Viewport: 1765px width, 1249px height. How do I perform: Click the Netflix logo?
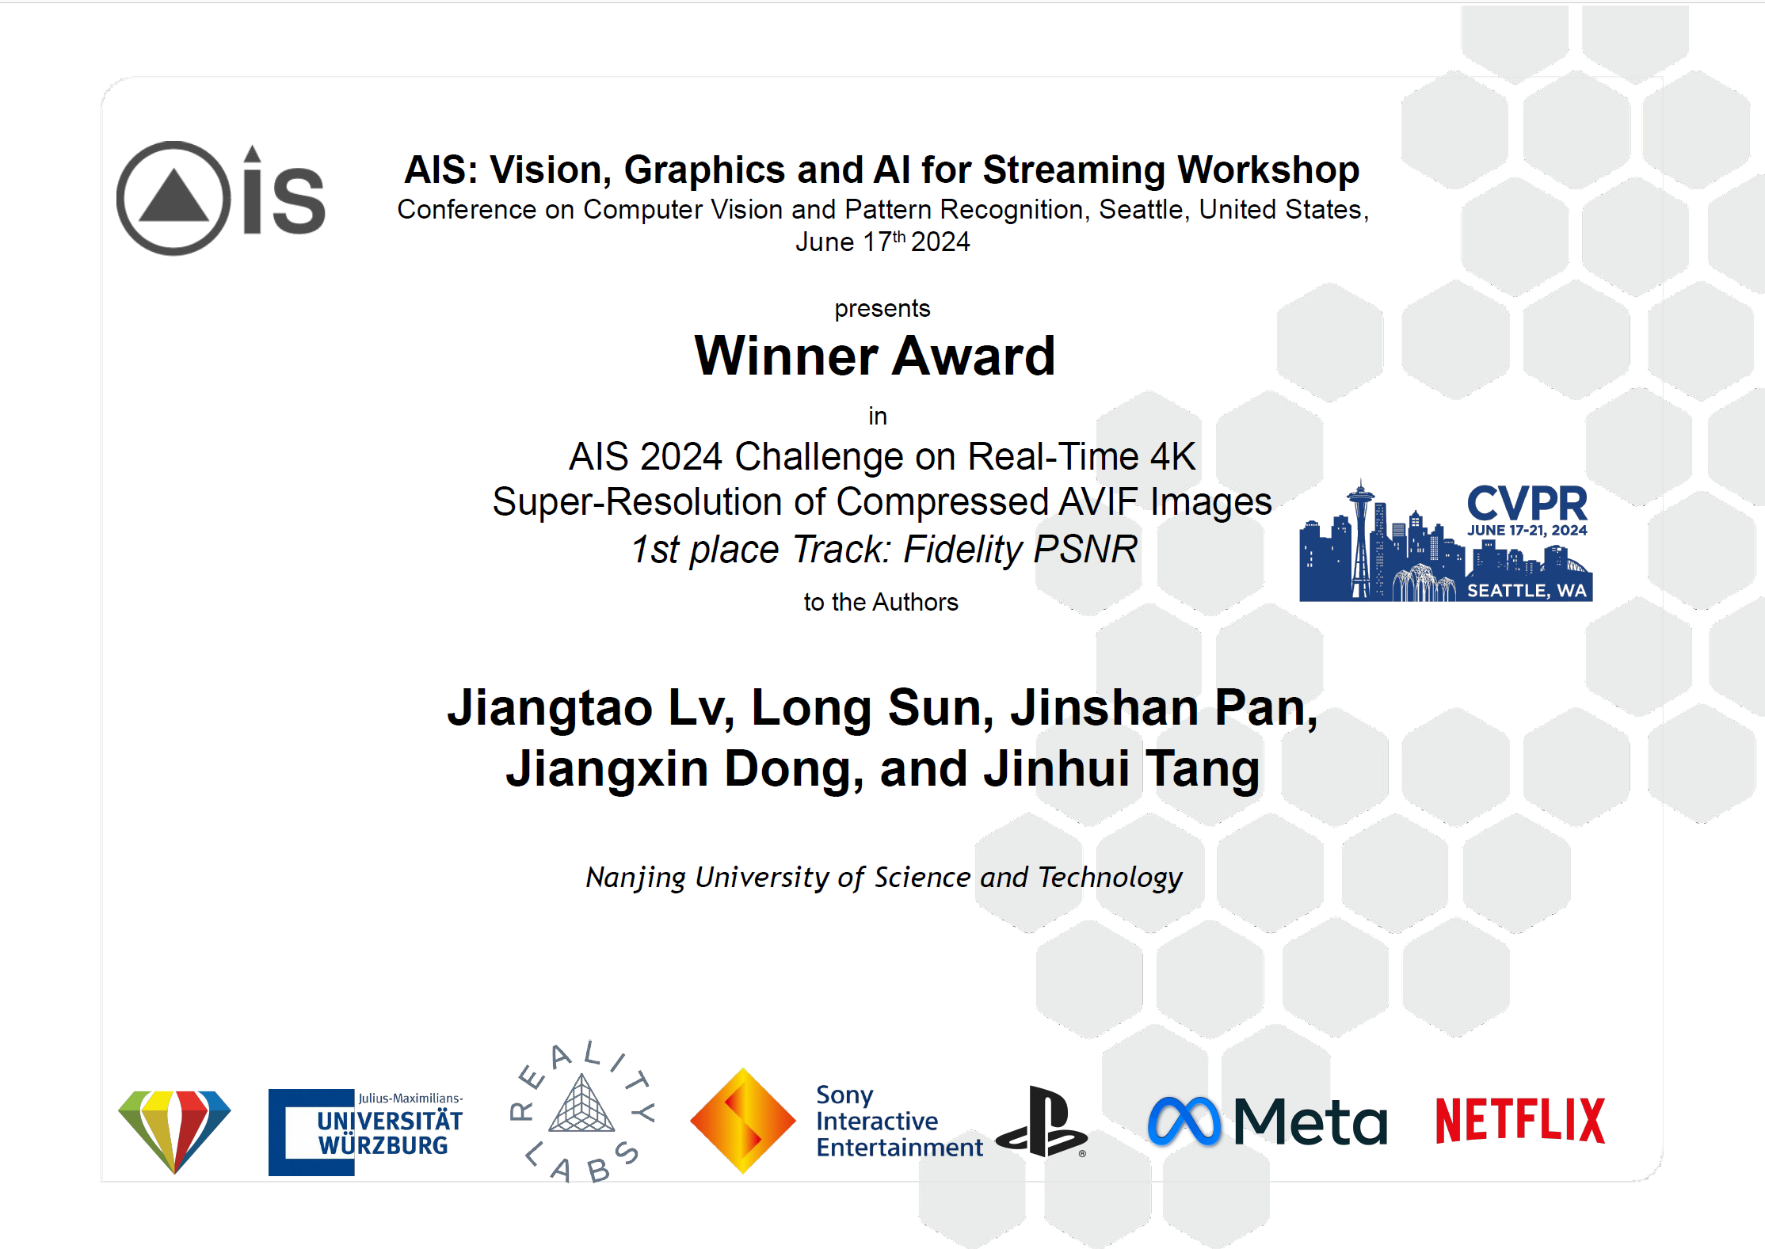tap(1520, 1120)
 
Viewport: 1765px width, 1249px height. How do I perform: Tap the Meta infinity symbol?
tap(1185, 1121)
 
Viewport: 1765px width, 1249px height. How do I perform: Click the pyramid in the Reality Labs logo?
tap(581, 1104)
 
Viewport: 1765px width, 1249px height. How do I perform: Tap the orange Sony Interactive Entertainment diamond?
tap(742, 1121)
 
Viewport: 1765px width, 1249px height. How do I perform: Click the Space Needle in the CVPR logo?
tap(1361, 539)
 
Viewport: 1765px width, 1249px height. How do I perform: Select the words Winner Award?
tap(875, 356)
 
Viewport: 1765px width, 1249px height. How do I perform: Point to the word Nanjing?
tap(635, 878)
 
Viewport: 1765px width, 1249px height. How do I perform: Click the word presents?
tap(882, 309)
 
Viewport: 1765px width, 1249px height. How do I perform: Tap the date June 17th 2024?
tap(882, 242)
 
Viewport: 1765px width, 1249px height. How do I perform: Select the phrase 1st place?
tap(705, 549)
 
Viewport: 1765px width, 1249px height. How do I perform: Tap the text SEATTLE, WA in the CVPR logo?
tap(1527, 590)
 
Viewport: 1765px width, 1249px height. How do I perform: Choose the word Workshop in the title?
tap(1268, 169)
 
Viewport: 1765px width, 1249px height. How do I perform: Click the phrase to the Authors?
tap(881, 602)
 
